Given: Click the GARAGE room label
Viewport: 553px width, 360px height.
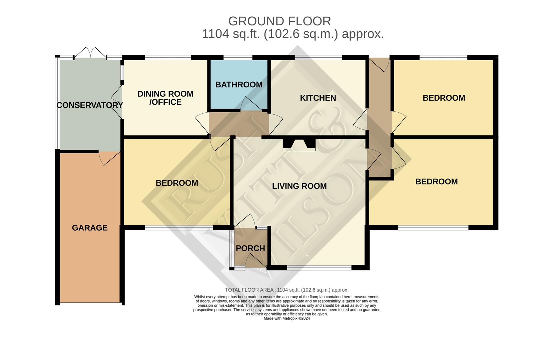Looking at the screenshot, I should click(90, 228).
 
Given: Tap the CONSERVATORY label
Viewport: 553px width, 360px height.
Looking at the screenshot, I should click(89, 105).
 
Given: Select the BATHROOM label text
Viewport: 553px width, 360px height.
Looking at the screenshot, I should click(239, 85).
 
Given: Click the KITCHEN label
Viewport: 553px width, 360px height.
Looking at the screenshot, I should click(318, 98).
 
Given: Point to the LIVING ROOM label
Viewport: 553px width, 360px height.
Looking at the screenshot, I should click(299, 186).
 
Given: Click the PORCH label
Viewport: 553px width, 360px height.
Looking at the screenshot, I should click(250, 248).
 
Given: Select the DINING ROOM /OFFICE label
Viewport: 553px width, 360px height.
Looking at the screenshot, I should click(165, 98).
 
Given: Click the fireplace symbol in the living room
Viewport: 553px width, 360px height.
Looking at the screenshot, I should click(299, 144).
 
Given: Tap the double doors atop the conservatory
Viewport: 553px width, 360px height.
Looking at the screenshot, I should click(90, 53).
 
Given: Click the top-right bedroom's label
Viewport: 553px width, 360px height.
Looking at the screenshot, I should click(444, 98).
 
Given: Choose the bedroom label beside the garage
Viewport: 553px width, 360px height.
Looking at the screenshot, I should click(177, 183).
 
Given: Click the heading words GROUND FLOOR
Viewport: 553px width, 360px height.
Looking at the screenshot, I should click(280, 21).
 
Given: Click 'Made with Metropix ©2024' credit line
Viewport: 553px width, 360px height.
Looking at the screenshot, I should click(287, 318).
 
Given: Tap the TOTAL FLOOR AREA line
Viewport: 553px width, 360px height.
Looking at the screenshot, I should click(287, 290).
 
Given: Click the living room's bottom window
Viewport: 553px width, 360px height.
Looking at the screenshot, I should click(319, 267).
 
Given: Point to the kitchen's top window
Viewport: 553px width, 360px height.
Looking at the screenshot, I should click(319, 57).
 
